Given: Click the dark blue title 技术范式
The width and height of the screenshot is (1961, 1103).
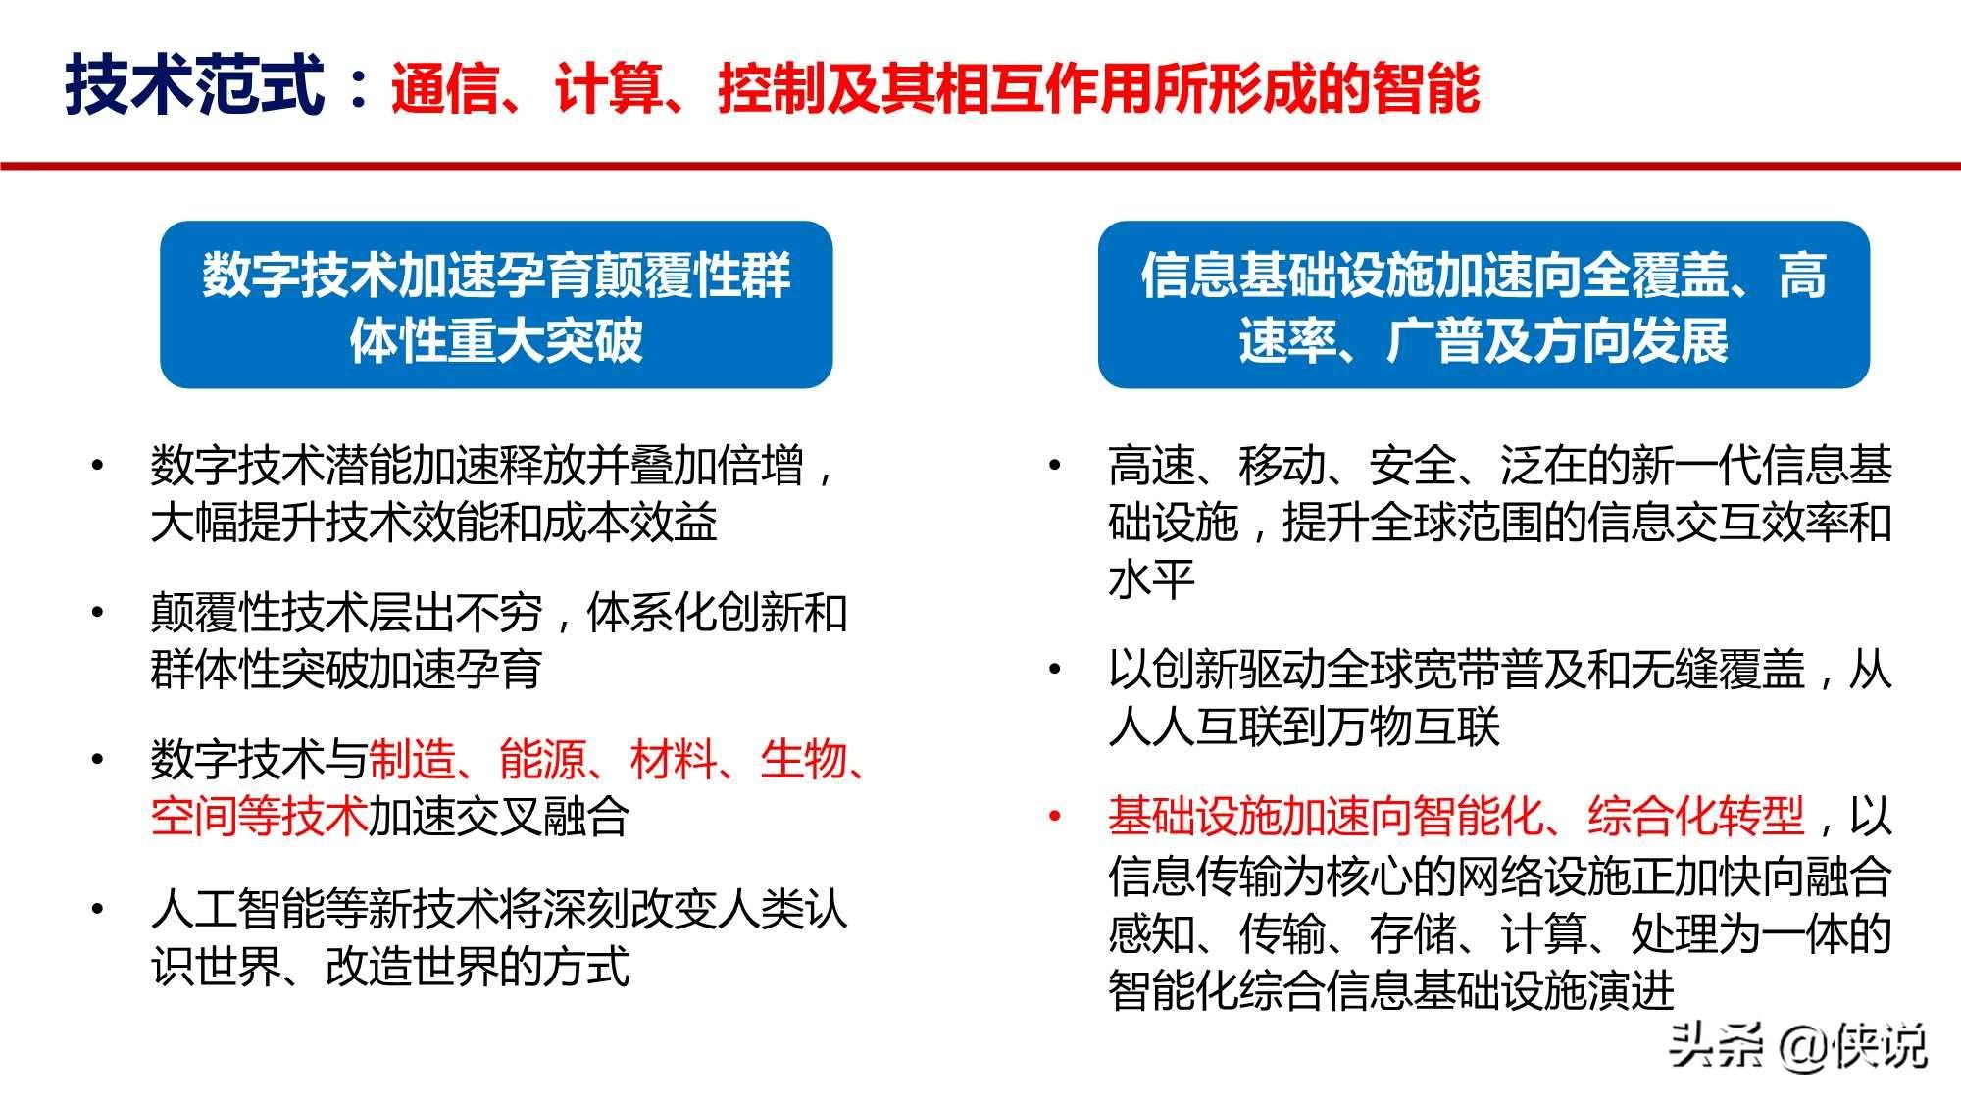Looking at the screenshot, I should click(194, 86).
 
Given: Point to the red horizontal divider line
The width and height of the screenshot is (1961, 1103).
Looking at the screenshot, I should click(980, 166).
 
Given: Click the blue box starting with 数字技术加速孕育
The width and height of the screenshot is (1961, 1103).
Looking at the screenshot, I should click(496, 305).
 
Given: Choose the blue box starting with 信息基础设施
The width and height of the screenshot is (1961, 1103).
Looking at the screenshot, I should click(1483, 305).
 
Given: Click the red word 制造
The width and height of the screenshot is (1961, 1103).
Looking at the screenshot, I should click(412, 760).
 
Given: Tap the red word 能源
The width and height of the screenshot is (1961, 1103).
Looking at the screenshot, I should click(542, 760).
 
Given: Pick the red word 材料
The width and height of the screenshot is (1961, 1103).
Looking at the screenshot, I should click(674, 760).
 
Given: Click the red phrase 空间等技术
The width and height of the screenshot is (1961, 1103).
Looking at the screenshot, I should click(259, 817).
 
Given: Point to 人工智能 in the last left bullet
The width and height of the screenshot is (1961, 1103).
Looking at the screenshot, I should click(237, 909).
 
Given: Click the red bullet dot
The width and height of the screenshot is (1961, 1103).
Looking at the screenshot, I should click(1055, 817).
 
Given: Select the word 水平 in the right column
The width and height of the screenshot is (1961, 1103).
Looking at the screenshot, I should click(1151, 579).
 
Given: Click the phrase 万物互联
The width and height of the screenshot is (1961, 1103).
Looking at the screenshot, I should click(1412, 727).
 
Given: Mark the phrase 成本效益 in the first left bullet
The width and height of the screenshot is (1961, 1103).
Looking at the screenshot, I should click(629, 523).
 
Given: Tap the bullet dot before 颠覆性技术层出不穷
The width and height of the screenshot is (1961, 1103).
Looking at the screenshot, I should click(97, 613).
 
